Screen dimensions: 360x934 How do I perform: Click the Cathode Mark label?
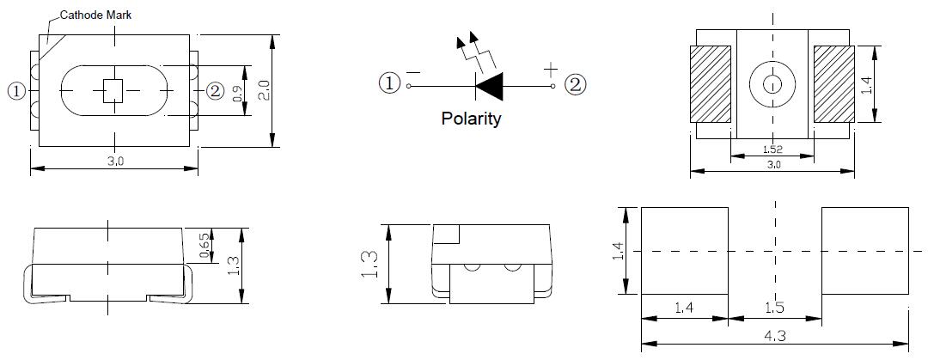click(x=95, y=15)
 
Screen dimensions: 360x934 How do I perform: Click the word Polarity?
click(x=470, y=119)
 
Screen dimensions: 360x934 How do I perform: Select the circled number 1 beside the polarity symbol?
click(x=390, y=83)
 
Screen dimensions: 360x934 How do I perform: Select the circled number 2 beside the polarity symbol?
click(x=575, y=83)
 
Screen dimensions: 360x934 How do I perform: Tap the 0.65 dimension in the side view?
click(x=205, y=244)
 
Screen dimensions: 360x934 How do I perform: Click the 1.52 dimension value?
click(x=772, y=149)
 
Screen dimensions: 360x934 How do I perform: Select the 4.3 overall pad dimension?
click(x=775, y=337)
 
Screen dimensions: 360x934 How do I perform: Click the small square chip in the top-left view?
click(x=113, y=91)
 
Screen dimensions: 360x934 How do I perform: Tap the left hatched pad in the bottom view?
click(x=710, y=83)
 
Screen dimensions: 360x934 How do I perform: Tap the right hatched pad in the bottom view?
click(x=833, y=83)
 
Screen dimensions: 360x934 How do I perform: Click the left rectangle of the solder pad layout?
click(x=685, y=250)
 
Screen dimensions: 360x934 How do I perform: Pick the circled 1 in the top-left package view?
click(x=16, y=90)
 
